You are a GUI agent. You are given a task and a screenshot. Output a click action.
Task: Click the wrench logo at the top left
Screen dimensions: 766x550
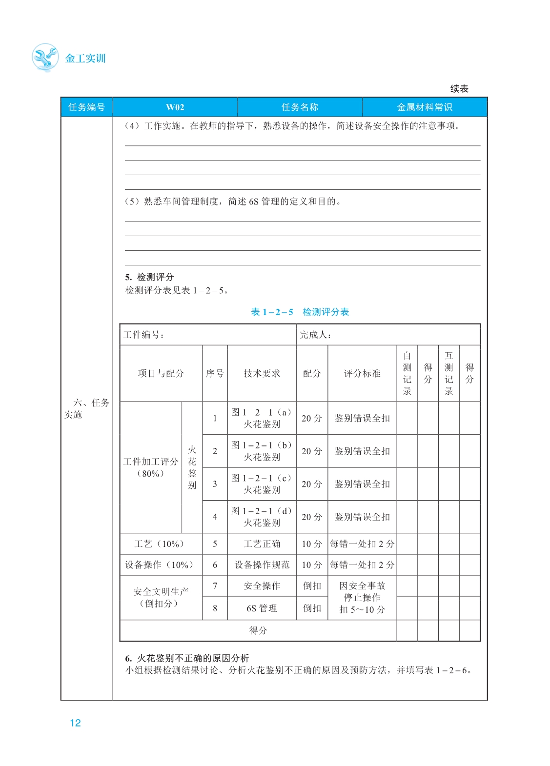tap(45, 58)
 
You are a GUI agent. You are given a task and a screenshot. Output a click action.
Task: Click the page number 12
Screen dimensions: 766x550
tap(75, 723)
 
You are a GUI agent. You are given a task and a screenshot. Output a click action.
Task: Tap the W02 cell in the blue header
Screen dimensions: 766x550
tap(175, 107)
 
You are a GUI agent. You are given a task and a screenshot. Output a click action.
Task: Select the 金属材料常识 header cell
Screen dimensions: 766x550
tap(424, 107)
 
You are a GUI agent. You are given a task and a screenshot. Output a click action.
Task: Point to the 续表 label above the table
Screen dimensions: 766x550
tap(459, 89)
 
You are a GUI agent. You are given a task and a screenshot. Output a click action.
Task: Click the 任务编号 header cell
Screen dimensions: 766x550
tap(86, 107)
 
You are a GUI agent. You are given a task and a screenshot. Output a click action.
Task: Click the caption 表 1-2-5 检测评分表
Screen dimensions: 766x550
tap(300, 312)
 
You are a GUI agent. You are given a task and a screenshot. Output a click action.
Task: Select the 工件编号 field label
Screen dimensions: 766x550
tap(143, 335)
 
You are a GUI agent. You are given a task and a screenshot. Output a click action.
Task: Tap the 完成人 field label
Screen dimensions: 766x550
tap(316, 335)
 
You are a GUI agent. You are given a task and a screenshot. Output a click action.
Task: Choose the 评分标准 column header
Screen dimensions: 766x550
tap(362, 373)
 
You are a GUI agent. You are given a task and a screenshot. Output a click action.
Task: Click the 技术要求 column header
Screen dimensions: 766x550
tap(262, 373)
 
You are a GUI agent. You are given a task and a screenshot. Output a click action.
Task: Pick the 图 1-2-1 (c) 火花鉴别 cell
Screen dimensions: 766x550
tap(262, 484)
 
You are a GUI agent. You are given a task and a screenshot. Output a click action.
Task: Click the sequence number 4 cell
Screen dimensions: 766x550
tap(215, 517)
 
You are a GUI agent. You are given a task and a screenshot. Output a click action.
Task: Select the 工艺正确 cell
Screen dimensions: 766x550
tap(262, 544)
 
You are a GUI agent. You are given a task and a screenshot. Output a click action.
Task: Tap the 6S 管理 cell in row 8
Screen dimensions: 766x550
tap(262, 608)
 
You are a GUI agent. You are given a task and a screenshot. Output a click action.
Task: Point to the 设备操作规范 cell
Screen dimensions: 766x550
tap(262, 564)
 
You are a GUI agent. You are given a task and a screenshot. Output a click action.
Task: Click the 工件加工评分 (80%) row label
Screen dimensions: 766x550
tap(151, 467)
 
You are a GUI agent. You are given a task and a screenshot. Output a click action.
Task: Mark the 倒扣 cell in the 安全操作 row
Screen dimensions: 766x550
tap(312, 585)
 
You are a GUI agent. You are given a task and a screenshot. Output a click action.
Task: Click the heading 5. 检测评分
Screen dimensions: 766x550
tap(149, 277)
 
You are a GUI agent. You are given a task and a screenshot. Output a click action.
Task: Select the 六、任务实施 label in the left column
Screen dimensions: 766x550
tap(86, 408)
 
